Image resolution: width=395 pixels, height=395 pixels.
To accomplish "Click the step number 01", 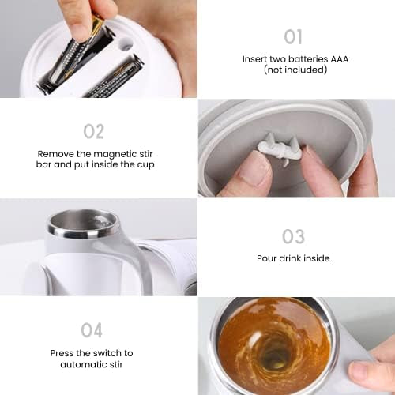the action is (x=293, y=37).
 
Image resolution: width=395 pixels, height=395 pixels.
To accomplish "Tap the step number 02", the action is (x=94, y=131).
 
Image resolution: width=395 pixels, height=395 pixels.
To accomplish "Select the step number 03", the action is (x=293, y=236).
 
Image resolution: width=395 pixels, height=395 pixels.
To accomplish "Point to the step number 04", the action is (x=92, y=330).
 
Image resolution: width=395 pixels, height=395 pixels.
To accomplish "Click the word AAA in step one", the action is (x=340, y=59).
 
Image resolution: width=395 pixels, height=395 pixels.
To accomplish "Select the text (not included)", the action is (x=295, y=70).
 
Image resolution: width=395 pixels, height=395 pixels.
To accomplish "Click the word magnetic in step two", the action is (x=115, y=154).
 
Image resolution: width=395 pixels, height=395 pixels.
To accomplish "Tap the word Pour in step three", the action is (x=266, y=258).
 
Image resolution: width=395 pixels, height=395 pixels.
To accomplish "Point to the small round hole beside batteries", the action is (x=126, y=44).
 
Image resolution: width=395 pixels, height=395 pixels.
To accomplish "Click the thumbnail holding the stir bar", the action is (x=255, y=170).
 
